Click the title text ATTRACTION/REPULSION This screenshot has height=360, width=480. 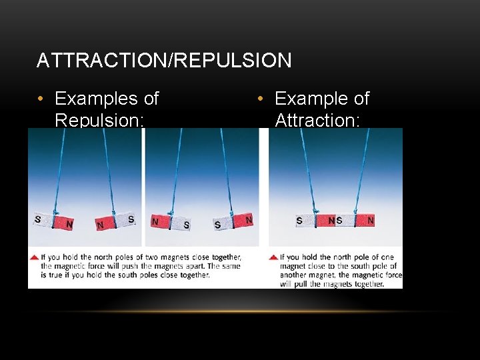coord(164,61)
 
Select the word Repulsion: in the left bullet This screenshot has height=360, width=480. coord(99,120)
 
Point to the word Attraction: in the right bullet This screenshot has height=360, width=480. coord(317,120)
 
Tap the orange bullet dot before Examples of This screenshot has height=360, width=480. coord(41,99)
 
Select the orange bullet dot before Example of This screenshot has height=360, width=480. coord(261,99)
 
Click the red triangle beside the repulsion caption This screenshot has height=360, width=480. coord(33,257)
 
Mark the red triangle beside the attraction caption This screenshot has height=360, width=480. coord(273,257)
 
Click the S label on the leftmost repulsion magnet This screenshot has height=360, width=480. coord(37,219)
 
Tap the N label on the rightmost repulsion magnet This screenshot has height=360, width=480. coord(249,219)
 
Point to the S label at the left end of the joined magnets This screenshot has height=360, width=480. coord(299,221)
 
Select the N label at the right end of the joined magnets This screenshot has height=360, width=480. coord(371,221)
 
